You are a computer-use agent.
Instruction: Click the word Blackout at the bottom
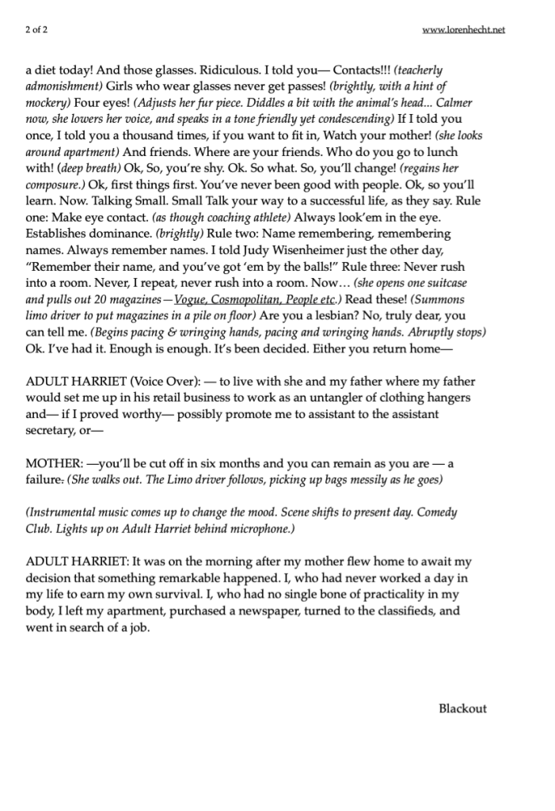[462, 709]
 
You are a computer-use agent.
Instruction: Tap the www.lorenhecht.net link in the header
[463, 30]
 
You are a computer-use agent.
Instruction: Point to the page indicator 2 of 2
[38, 30]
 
